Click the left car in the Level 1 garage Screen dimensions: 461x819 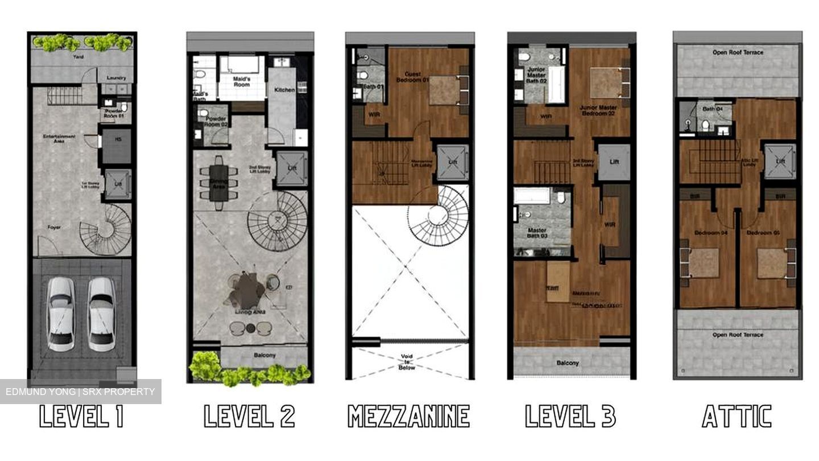60,314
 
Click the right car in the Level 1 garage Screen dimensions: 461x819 102,314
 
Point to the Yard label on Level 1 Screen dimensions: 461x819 77,57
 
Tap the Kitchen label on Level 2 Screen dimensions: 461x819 284,90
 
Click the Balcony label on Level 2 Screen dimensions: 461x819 264,356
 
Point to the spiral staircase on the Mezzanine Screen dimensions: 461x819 437,216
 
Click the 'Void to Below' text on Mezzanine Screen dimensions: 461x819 407,362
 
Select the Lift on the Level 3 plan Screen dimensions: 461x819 614,162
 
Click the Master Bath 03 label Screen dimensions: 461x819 536,233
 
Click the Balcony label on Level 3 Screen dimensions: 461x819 567,363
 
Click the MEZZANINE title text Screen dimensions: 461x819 408,416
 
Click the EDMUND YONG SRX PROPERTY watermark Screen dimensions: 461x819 80,392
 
